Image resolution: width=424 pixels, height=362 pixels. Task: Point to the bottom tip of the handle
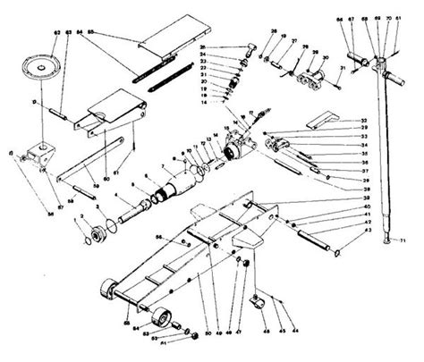386,240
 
